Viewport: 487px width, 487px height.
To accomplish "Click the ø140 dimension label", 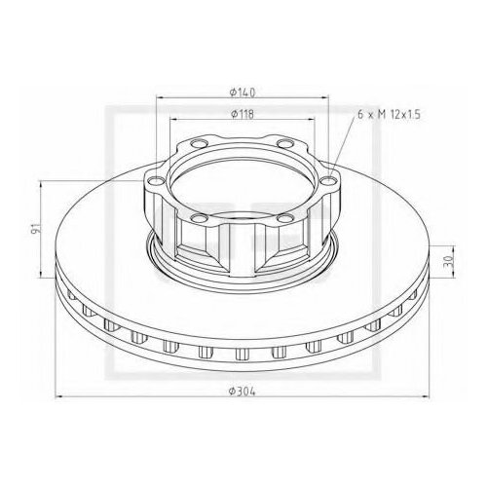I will coord(243,92).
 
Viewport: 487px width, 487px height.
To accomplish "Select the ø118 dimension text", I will coord(243,115).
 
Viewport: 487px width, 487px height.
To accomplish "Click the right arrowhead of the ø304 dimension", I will coord(436,396).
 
